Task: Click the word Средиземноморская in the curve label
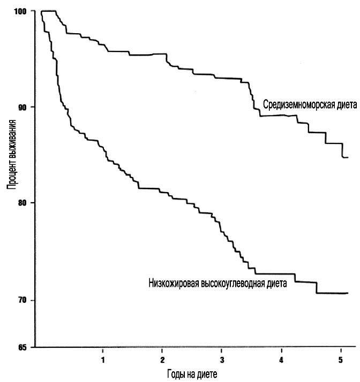point(297,105)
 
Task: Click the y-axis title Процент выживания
point(11,155)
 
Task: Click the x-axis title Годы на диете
point(192,372)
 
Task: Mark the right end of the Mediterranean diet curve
point(348,157)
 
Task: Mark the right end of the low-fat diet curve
point(348,293)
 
